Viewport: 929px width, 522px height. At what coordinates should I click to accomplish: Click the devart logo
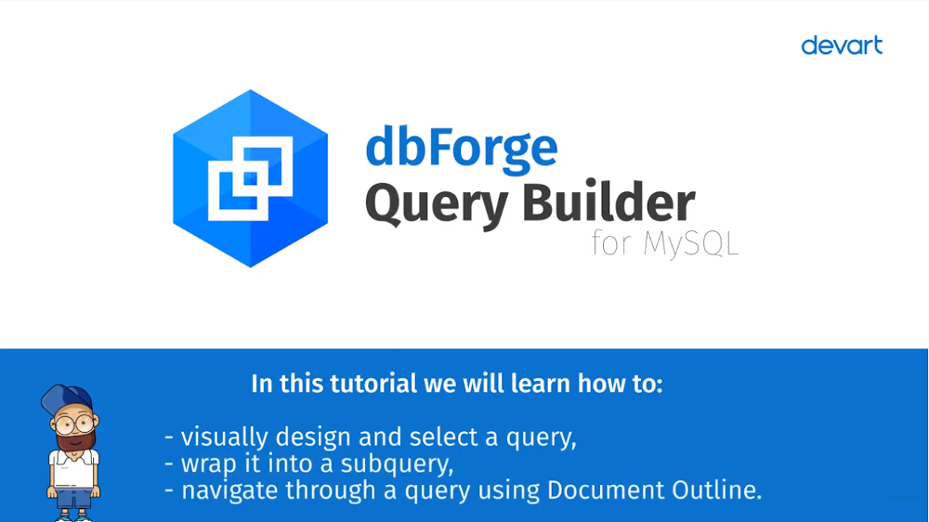842,46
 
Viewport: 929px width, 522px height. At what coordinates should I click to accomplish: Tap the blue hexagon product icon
250,178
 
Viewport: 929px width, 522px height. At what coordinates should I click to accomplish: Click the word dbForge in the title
462,148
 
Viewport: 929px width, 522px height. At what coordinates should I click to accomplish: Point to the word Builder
608,201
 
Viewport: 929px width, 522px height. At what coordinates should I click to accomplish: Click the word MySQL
691,243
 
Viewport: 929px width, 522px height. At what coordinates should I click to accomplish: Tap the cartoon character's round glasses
74,424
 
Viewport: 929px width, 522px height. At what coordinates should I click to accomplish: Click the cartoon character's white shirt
73,468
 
